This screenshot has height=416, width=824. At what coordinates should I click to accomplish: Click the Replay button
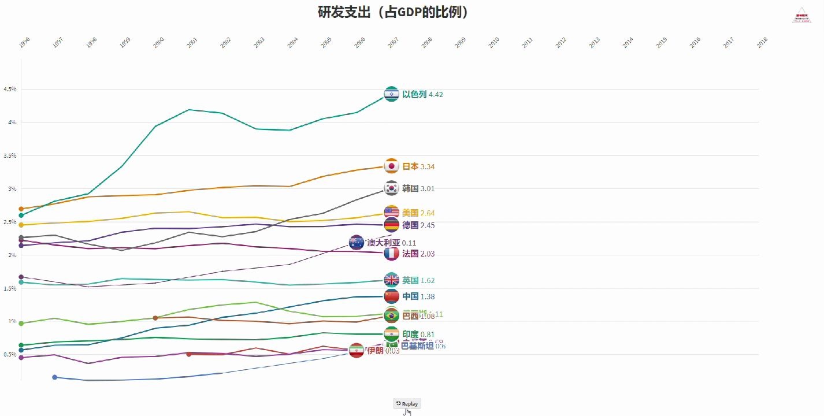click(x=407, y=403)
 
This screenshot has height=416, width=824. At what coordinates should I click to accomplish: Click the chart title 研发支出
click(x=392, y=12)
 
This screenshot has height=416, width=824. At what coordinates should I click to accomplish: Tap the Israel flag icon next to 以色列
click(x=391, y=94)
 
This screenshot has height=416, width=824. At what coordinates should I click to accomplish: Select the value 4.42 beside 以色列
click(x=436, y=95)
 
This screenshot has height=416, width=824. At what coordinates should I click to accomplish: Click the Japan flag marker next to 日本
click(x=391, y=166)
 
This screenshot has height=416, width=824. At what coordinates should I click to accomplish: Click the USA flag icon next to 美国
click(x=391, y=213)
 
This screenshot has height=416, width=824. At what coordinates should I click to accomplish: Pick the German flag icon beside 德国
click(x=391, y=225)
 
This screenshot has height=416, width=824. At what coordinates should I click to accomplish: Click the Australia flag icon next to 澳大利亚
click(x=357, y=243)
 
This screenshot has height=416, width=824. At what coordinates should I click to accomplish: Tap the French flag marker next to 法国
click(x=391, y=253)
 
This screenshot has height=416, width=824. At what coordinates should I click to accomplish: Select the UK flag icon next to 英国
click(x=391, y=280)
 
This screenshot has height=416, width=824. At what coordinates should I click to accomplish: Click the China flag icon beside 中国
click(x=391, y=296)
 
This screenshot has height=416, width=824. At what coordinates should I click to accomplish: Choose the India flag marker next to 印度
click(x=391, y=334)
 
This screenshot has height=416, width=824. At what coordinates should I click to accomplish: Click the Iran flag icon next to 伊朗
click(x=357, y=350)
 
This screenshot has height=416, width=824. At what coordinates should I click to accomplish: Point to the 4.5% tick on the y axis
click(x=9, y=90)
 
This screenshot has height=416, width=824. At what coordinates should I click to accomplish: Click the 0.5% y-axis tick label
click(x=9, y=354)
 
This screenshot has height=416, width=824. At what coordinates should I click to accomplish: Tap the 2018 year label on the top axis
click(x=762, y=42)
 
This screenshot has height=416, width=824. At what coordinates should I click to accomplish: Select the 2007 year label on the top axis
click(x=393, y=42)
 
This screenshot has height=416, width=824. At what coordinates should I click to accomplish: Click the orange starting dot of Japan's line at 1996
click(x=21, y=209)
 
